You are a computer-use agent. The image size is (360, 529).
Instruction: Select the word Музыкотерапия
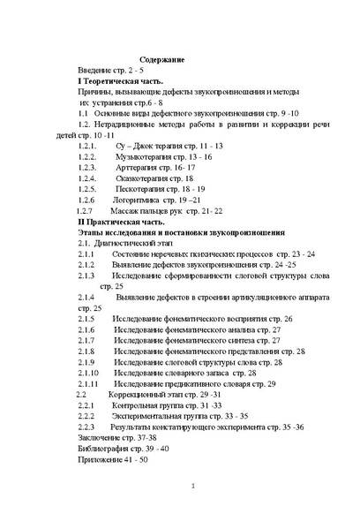click(146, 155)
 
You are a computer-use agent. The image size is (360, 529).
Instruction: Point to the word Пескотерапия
click(141, 188)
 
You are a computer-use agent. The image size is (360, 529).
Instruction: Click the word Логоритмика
click(139, 200)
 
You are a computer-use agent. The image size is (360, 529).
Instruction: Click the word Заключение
click(99, 437)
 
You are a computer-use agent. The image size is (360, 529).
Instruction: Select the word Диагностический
click(130, 242)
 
